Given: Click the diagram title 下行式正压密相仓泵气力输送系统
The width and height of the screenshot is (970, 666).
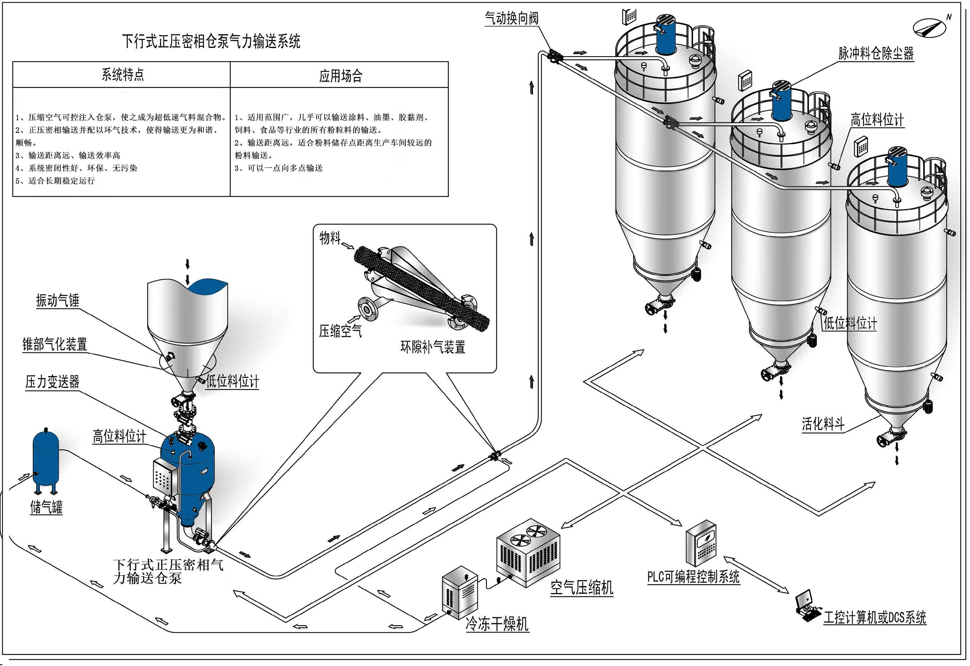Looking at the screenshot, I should [211, 41].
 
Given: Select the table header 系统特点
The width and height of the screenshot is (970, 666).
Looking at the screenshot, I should [123, 75].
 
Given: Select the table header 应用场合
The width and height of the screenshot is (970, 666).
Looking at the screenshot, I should [340, 76].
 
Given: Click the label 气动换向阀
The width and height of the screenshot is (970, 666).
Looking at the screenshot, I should [511, 18].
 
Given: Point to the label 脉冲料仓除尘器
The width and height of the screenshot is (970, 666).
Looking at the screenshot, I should [876, 53].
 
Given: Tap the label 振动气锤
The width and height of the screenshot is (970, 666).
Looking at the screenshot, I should [58, 301].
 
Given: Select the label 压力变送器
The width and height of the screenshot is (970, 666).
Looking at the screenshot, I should [52, 382].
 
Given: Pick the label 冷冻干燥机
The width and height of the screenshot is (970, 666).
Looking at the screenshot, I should [497, 624].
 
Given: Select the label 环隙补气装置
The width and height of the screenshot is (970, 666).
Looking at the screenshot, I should [433, 347].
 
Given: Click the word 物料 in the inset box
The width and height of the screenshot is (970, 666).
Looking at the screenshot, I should [330, 238].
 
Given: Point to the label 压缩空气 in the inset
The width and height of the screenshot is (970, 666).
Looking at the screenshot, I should [340, 331].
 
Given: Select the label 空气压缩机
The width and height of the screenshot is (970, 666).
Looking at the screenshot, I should [581, 587].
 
